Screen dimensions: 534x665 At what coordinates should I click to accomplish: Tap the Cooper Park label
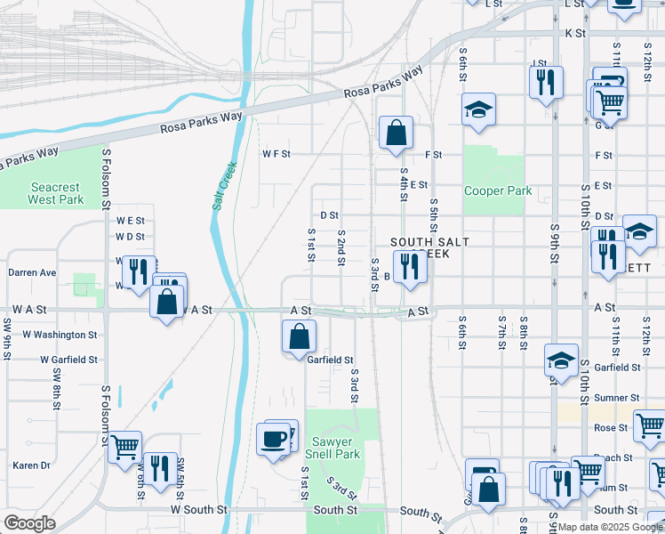pyautogui.click(x=498, y=190)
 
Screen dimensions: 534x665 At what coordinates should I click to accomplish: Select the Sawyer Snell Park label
pyautogui.click(x=336, y=448)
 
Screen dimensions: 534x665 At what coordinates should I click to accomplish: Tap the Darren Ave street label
pyautogui.click(x=32, y=272)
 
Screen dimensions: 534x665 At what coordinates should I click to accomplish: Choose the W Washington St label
pyautogui.click(x=60, y=335)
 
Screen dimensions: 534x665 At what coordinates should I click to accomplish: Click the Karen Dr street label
pyautogui.click(x=31, y=465)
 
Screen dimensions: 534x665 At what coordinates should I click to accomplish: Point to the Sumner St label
pyautogui.click(x=617, y=398)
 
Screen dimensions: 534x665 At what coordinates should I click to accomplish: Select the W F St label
pyautogui.click(x=276, y=154)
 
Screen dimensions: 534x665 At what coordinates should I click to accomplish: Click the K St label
pyautogui.click(x=575, y=33)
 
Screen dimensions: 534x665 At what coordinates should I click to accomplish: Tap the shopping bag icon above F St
pyautogui.click(x=396, y=133)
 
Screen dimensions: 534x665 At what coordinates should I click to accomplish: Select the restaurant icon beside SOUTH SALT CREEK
pyautogui.click(x=409, y=266)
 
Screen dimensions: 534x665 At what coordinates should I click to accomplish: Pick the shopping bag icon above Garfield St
pyautogui.click(x=300, y=336)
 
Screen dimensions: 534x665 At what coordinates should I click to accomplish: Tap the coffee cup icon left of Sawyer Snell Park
pyautogui.click(x=273, y=438)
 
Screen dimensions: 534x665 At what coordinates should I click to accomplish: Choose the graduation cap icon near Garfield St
pyautogui.click(x=561, y=360)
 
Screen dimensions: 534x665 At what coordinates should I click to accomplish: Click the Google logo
pyautogui.click(x=29, y=523)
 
